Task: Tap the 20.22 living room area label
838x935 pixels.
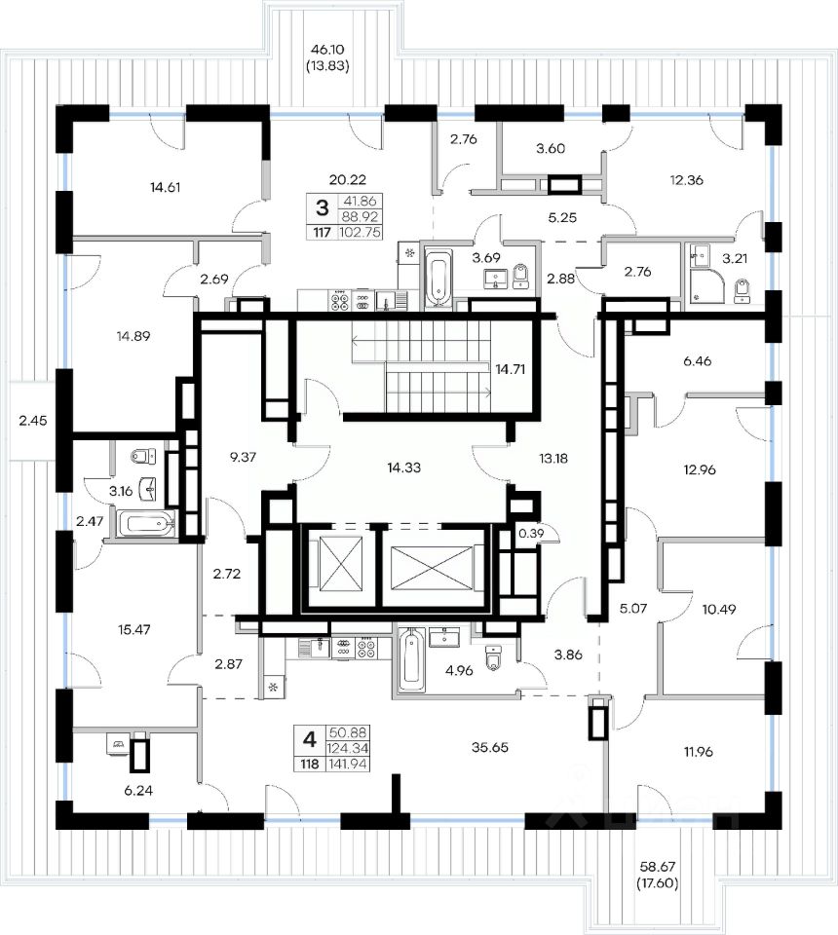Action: pyautogui.click(x=348, y=179)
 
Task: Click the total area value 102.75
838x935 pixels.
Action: pyautogui.click(x=360, y=232)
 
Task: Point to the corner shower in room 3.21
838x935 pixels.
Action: pyautogui.click(x=703, y=283)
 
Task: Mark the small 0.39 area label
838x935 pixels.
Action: pyautogui.click(x=531, y=534)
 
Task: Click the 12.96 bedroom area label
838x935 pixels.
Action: pyautogui.click(x=701, y=467)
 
